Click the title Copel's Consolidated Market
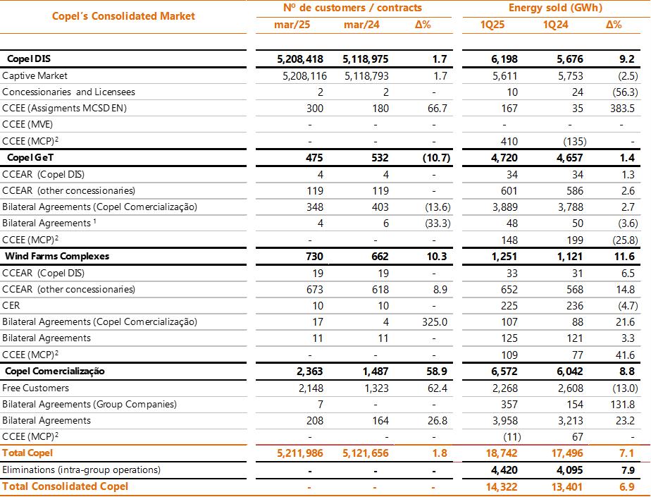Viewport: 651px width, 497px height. pos(123,16)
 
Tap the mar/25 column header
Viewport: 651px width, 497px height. pos(292,25)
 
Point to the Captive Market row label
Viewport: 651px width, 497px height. pos(35,75)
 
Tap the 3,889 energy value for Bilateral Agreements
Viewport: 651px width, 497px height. pos(504,207)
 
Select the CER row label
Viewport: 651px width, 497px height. pos(11,305)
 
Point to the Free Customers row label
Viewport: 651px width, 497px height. pos(36,388)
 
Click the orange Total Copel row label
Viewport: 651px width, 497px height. pos(27,453)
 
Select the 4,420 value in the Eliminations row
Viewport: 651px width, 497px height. pos(502,470)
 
